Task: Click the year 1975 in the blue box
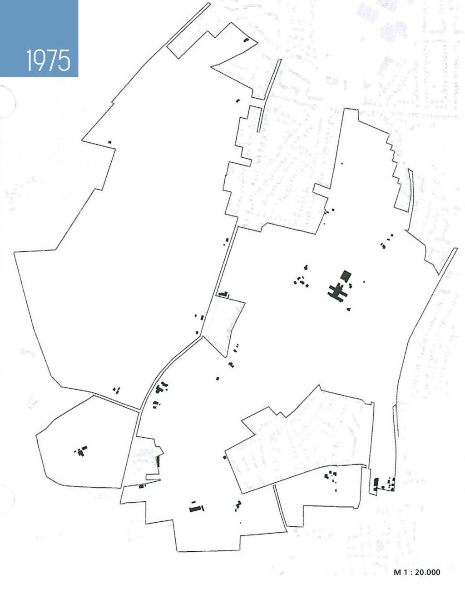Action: pyautogui.click(x=48, y=60)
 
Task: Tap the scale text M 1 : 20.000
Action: pyautogui.click(x=416, y=572)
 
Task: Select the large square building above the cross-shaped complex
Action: pyautogui.click(x=346, y=275)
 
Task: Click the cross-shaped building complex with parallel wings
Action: pyautogui.click(x=337, y=291)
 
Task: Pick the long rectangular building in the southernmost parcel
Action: pyautogui.click(x=196, y=509)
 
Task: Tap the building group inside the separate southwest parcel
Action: pyautogui.click(x=81, y=451)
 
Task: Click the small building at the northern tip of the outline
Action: pyautogui.click(x=247, y=40)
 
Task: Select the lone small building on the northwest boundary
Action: pyautogui.click(x=109, y=142)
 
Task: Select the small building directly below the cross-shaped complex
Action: pyautogui.click(x=348, y=309)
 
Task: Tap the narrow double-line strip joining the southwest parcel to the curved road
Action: pyautogui.click(x=116, y=403)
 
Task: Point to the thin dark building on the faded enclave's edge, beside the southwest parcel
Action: pyautogui.click(x=158, y=461)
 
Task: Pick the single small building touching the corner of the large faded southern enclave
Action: pyautogui.click(x=224, y=457)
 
